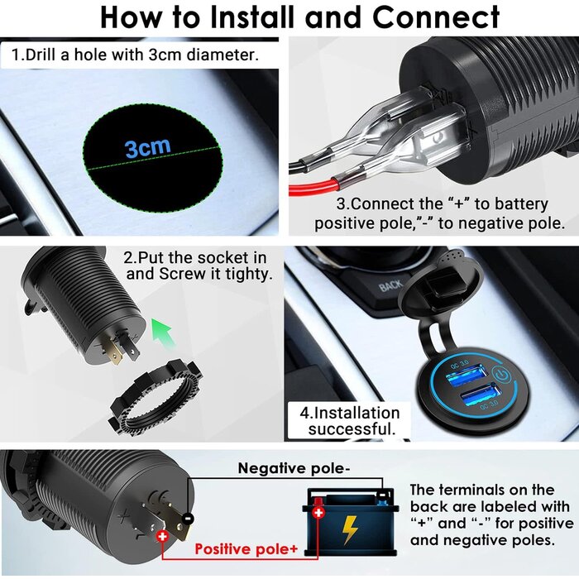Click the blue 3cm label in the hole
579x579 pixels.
(x=148, y=148)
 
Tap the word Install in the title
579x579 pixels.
(x=267, y=17)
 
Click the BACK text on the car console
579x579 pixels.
(x=390, y=287)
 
